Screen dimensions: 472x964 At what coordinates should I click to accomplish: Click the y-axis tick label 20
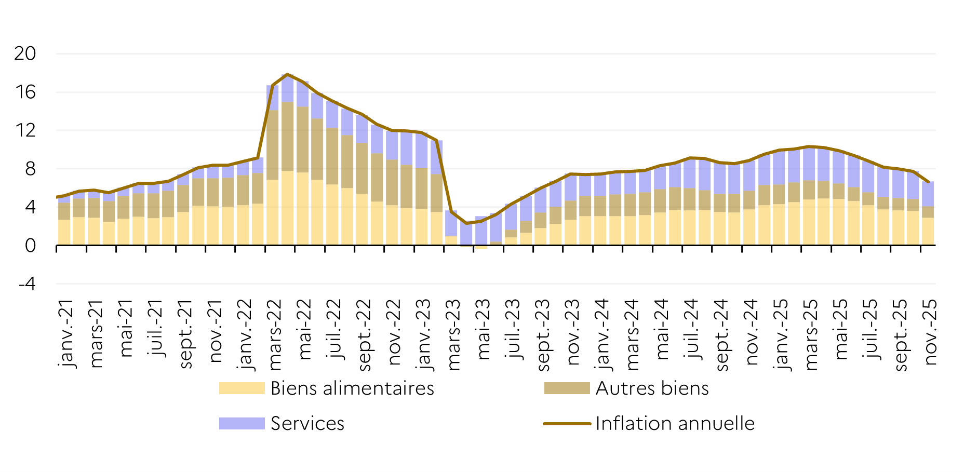coord(25,53)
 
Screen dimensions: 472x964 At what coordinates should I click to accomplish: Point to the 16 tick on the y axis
coord(25,92)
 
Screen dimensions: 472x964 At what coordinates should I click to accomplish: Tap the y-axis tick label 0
coord(30,246)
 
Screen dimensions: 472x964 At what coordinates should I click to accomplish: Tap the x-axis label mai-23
coord(484,329)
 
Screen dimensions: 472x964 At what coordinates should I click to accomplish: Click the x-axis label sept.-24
coord(722,335)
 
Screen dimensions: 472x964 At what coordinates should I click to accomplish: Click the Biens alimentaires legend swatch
coord(242,388)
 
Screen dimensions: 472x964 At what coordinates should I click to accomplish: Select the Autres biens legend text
coord(652,388)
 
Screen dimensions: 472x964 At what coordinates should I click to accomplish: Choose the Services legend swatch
coord(242,424)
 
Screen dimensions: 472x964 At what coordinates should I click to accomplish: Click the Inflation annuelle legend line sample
coord(567,424)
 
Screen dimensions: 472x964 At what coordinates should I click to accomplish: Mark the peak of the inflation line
coord(288,74)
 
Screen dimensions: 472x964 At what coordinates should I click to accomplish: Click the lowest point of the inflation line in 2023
coord(466,223)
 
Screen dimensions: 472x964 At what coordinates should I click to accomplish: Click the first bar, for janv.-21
coord(64,221)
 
